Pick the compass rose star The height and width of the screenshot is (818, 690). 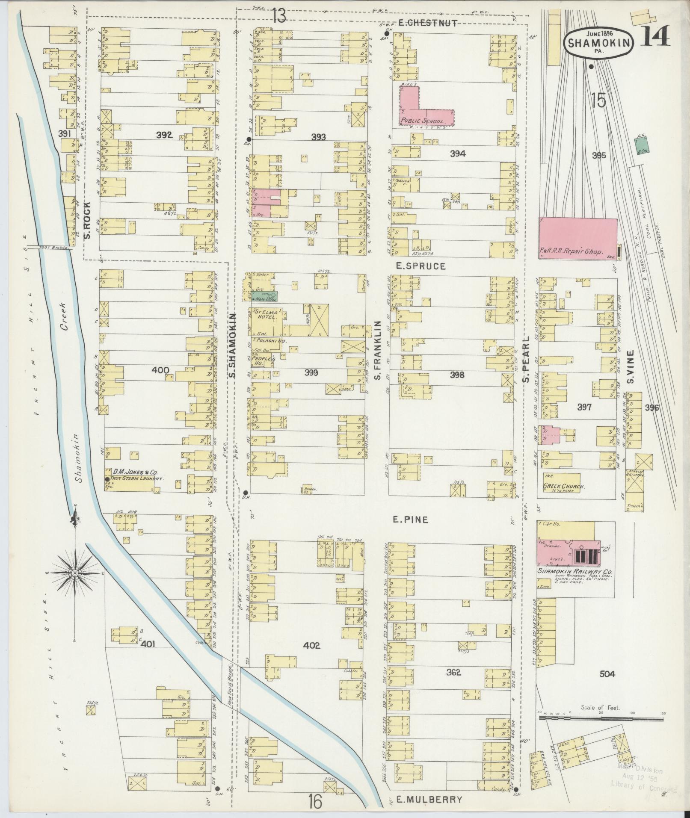pyautogui.click(x=75, y=573)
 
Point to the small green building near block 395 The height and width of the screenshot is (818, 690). pyautogui.click(x=641, y=143)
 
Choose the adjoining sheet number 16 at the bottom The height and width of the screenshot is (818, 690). pyautogui.click(x=315, y=801)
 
